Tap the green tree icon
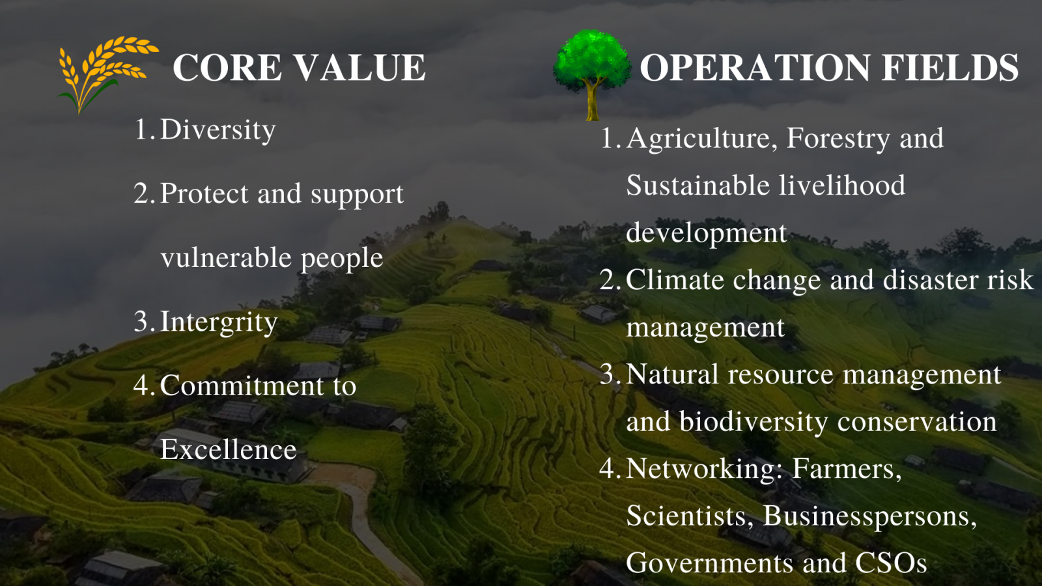pyautogui.click(x=592, y=74)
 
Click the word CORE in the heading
pyautogui.click(x=227, y=68)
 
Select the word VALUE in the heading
pyautogui.click(x=361, y=68)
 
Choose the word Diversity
pyautogui.click(x=218, y=130)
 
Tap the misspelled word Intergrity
pyautogui.click(x=219, y=322)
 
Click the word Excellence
pyautogui.click(x=229, y=449)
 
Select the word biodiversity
pyautogui.click(x=753, y=422)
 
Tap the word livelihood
pyautogui.click(x=843, y=185)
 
